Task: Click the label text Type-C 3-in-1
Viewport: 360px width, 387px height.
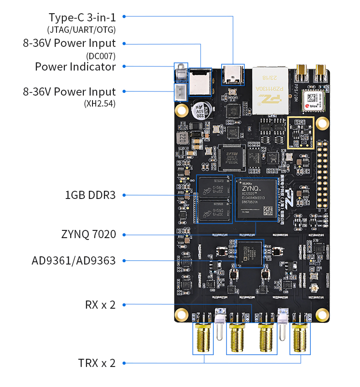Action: [82, 18]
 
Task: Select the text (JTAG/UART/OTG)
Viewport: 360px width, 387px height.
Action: [82, 30]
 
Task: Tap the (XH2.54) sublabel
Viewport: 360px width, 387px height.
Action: [100, 103]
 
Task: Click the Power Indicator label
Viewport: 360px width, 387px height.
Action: [75, 67]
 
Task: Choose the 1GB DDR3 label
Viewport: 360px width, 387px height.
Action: [90, 195]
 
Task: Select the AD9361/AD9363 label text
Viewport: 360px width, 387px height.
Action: [73, 261]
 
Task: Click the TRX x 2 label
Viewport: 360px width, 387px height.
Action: [97, 363]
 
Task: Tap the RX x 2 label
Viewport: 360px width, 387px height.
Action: [100, 305]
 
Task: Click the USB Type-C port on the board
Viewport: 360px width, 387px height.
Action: [233, 75]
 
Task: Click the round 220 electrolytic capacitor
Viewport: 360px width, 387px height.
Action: [200, 110]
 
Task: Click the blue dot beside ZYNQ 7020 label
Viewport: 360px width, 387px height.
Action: [124, 235]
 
